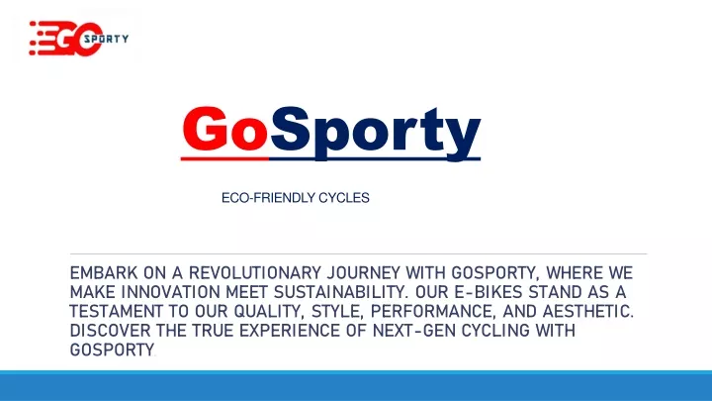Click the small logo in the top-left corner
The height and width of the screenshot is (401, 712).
[79, 39]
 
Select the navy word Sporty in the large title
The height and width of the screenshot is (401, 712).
[375, 133]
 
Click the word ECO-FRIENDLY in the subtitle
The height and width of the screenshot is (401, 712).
[268, 198]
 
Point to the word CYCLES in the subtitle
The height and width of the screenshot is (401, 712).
[344, 198]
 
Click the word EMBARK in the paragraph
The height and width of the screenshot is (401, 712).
[104, 273]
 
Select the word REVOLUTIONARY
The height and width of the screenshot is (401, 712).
[255, 273]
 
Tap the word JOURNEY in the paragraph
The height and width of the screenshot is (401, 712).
[364, 273]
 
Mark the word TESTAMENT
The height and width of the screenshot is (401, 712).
[116, 312]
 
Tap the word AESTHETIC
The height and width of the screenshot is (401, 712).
[588, 312]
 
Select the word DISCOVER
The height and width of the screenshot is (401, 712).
[110, 331]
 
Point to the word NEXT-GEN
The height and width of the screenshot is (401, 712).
[414, 331]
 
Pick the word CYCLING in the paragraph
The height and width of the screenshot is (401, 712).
[495, 331]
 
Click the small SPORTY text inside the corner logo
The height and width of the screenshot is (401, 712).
[106, 39]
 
